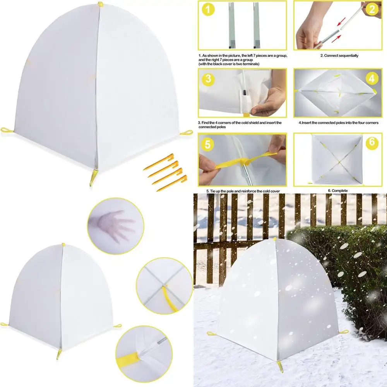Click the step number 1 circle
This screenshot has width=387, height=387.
pos(208,10)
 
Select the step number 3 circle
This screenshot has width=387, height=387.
pos(208,79)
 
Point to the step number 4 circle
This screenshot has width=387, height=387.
pos(372,79)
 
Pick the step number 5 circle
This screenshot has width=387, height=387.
pos(208,144)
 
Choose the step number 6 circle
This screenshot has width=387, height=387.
pos(372,142)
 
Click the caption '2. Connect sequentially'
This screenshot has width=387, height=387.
pos(339,56)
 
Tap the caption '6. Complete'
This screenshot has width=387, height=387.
pos(337,190)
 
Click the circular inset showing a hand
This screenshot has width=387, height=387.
pos(116,226)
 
